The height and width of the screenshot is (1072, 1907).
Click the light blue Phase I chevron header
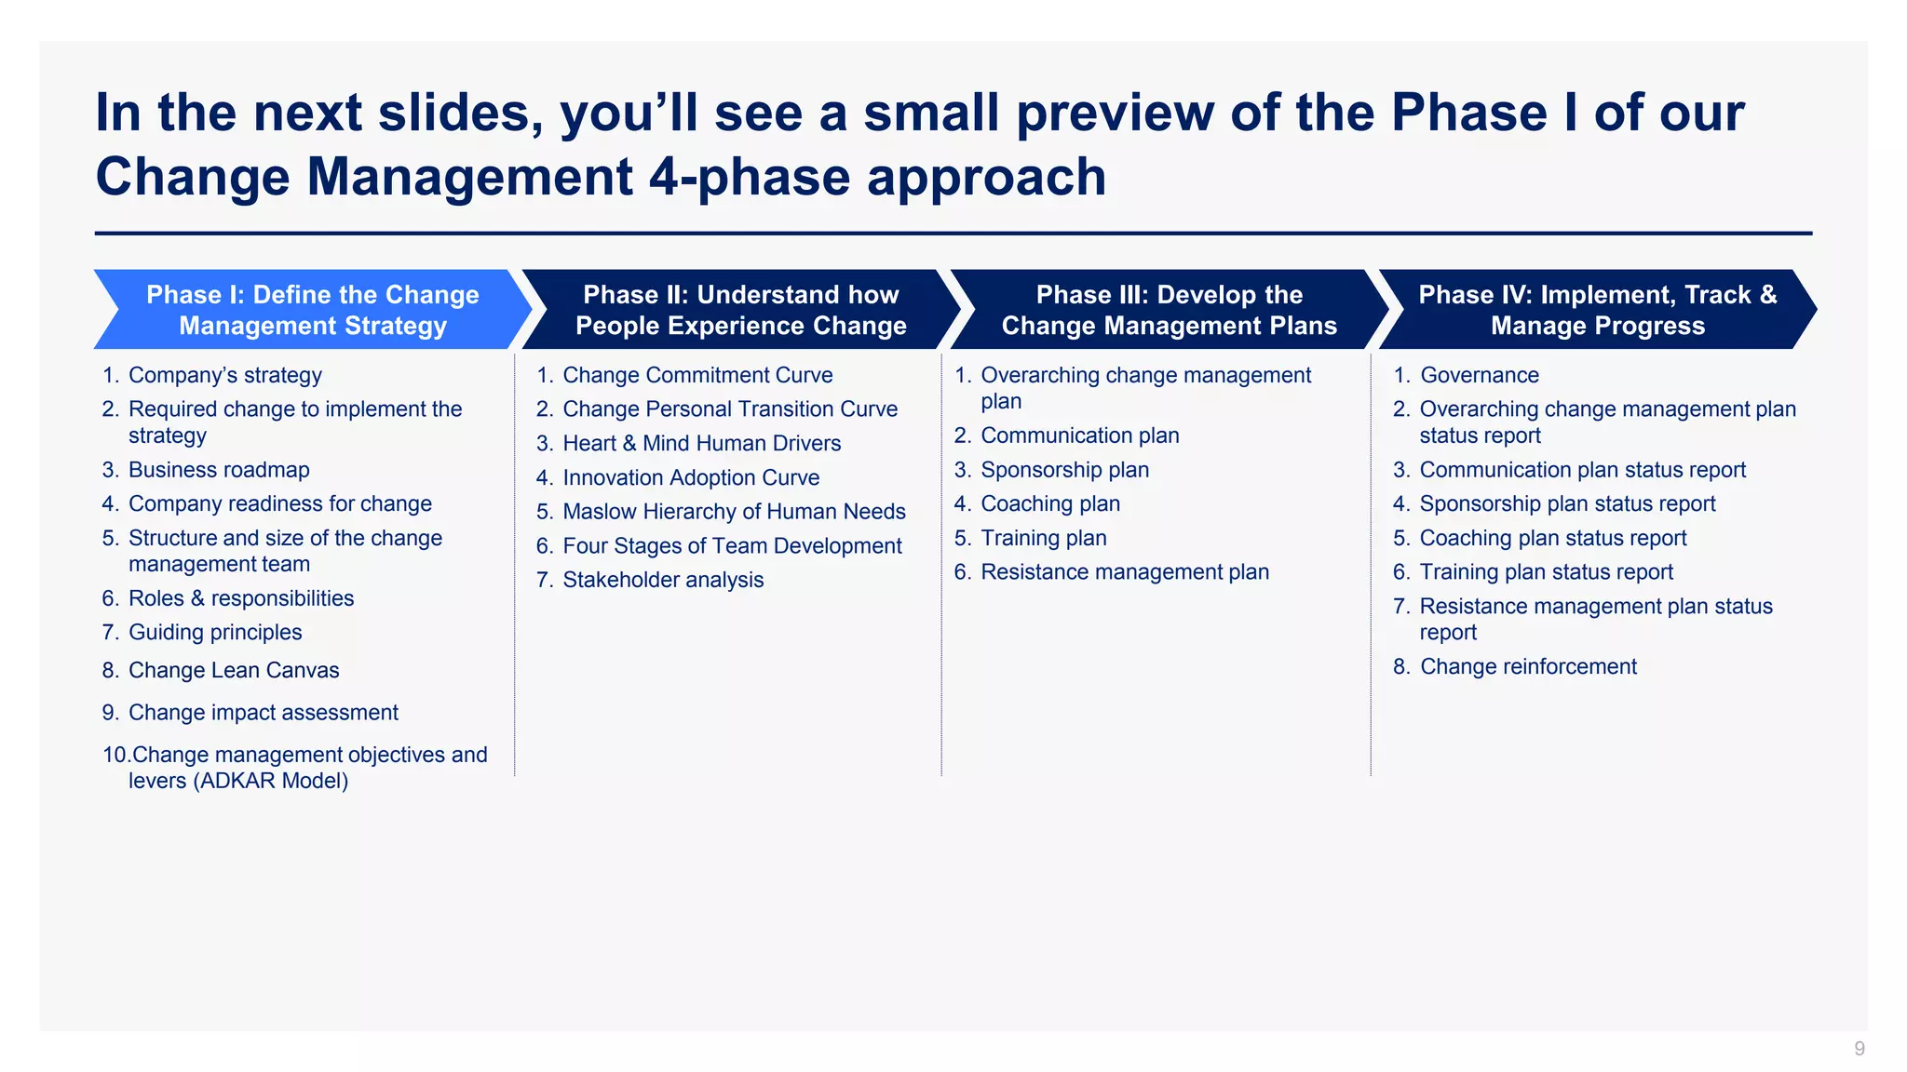pos(313,310)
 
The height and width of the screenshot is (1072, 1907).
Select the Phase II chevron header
pos(740,310)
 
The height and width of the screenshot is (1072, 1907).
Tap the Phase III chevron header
pos(1169,310)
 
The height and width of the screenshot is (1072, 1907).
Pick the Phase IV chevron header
pos(1597,310)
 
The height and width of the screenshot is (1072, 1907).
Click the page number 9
pos(1859,1049)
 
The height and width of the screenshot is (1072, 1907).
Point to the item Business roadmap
pos(219,470)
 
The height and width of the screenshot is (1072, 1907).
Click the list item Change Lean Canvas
pos(234,670)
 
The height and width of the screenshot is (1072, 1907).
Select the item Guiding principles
pos(215,633)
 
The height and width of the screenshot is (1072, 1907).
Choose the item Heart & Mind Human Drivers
pos(701,444)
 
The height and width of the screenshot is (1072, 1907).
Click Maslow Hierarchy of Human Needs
pos(734,512)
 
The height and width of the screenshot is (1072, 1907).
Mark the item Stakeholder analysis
pos(663,580)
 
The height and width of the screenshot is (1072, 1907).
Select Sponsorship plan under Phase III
pos(1064,470)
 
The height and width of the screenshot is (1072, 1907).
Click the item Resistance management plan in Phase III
pos(1124,572)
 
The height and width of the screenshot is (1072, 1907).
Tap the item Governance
pos(1479,375)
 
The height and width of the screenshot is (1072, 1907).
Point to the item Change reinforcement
pos(1527,667)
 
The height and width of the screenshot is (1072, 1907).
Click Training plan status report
pos(1546,572)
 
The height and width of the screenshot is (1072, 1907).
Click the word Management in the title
pos(470,177)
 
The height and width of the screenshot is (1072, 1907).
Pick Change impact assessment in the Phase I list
pos(263,713)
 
